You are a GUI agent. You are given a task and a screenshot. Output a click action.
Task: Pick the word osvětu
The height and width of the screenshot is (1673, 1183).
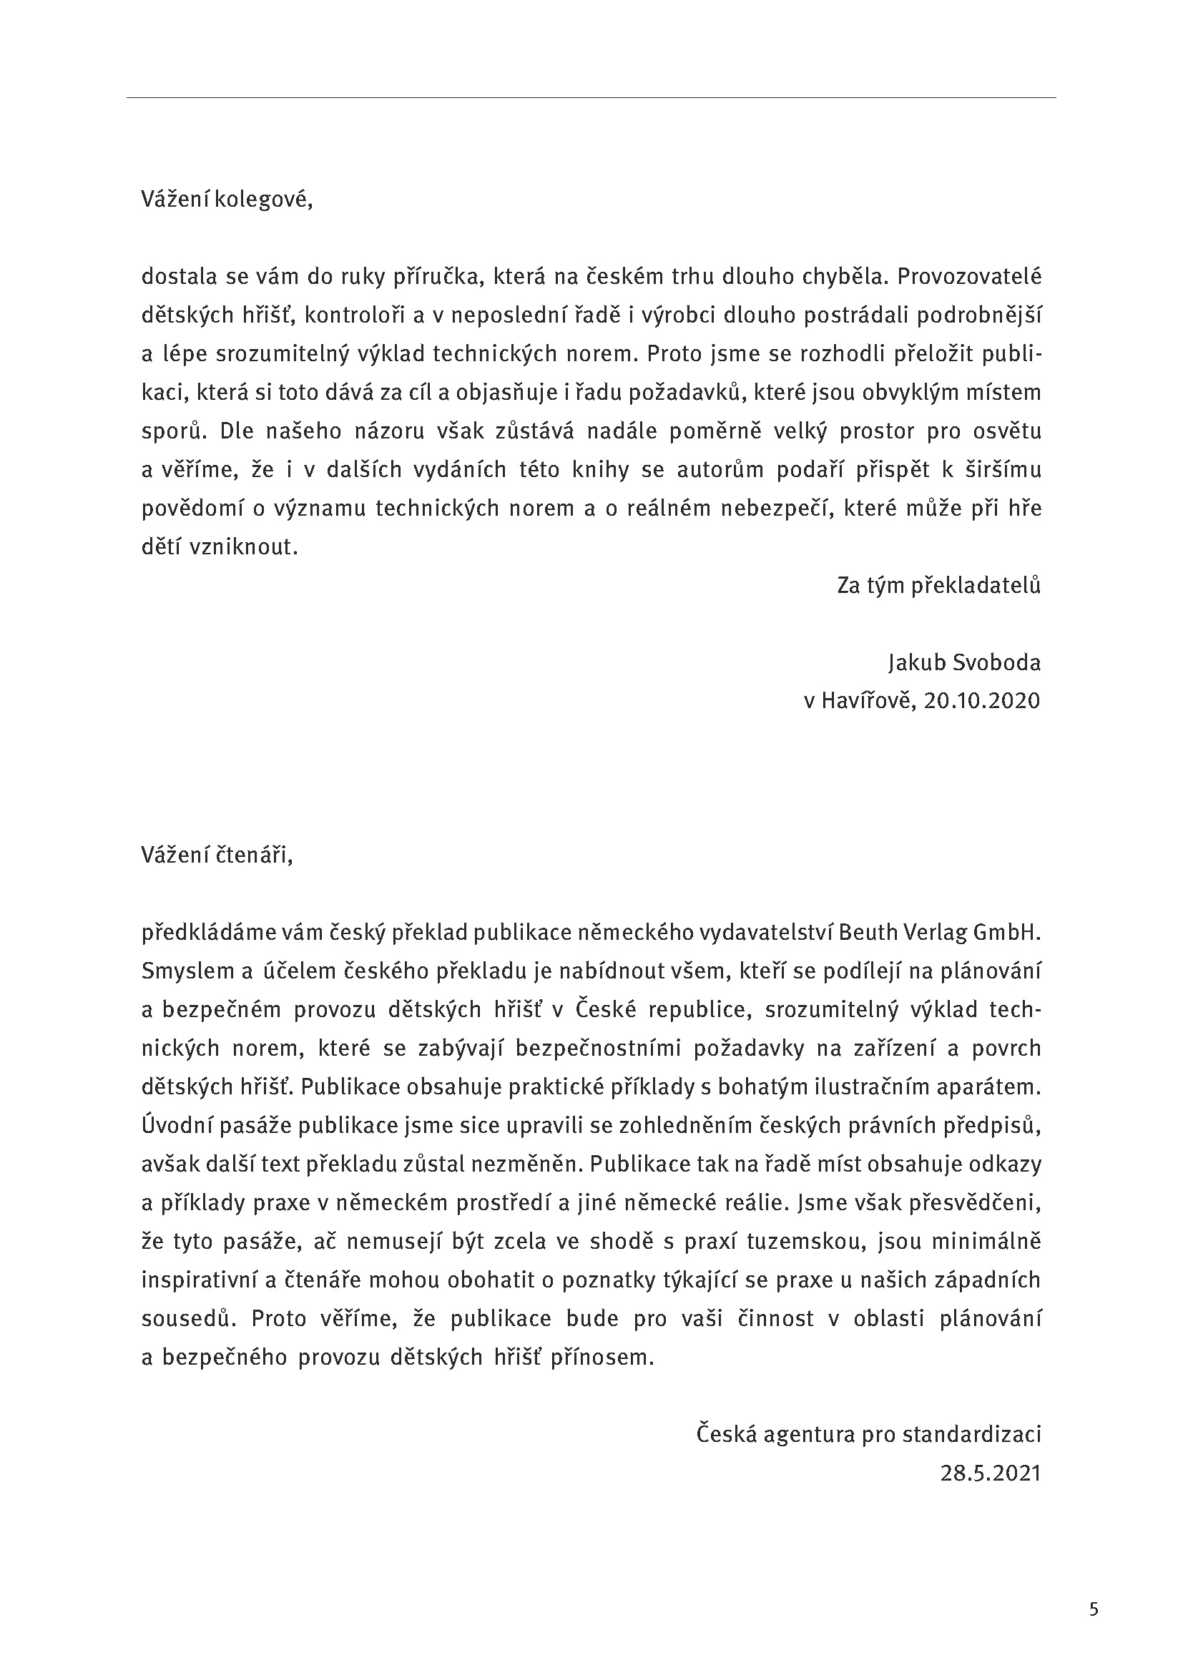1007,431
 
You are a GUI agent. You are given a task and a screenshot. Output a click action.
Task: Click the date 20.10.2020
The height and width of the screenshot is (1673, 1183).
982,701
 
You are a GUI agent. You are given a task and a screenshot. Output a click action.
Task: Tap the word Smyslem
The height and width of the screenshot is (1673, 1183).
186,971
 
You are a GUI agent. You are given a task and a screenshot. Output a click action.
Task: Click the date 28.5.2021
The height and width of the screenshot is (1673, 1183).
991,1473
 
